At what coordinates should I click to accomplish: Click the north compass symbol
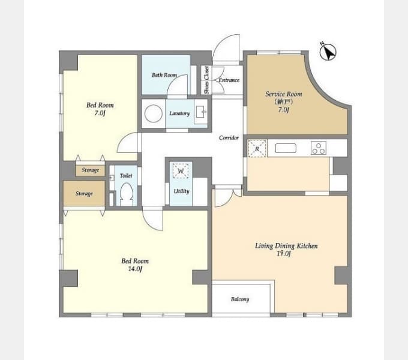(328, 52)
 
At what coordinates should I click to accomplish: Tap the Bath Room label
(164, 75)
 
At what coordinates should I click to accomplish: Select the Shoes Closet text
(206, 80)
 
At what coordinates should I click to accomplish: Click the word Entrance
(229, 80)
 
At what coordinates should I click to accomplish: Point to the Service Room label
(284, 94)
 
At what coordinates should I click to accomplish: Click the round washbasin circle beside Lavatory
(154, 113)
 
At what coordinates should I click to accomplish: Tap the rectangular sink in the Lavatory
(201, 112)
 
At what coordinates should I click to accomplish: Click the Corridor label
(229, 137)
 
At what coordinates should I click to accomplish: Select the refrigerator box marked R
(257, 149)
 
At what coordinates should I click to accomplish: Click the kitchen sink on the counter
(286, 148)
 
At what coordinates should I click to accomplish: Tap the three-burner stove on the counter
(319, 148)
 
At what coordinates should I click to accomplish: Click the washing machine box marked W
(181, 170)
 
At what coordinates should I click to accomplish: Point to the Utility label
(181, 191)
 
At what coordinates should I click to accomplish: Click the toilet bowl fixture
(127, 194)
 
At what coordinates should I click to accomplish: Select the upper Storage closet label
(90, 170)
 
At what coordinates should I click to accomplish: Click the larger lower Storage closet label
(84, 194)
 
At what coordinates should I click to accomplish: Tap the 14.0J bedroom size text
(135, 269)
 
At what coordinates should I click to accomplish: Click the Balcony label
(240, 299)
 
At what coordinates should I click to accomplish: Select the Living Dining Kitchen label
(286, 246)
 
